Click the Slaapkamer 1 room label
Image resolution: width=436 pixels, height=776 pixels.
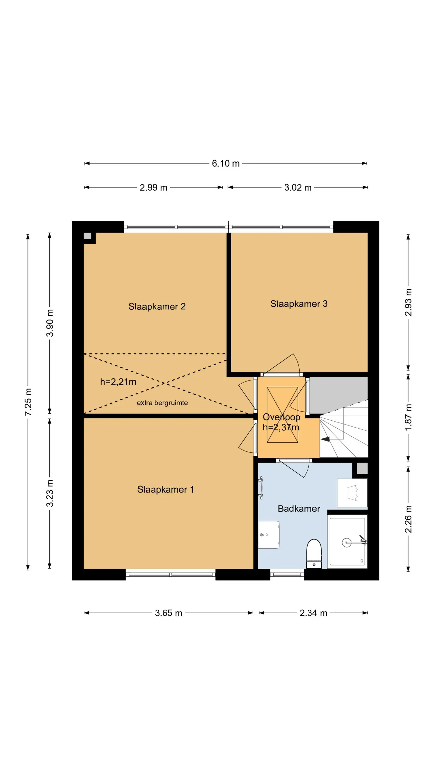click(166, 489)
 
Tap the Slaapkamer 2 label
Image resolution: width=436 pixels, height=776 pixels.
click(157, 306)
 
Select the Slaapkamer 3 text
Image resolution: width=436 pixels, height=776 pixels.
click(299, 304)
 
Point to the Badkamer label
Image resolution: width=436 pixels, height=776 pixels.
click(299, 509)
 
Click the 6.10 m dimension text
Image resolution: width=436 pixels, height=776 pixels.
click(226, 163)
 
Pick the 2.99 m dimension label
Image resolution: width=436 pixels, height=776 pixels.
click(153, 187)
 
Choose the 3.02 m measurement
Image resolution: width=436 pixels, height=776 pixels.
click(298, 187)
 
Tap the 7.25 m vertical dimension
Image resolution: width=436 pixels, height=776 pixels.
click(28, 402)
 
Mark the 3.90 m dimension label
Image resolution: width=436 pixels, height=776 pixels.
click(50, 323)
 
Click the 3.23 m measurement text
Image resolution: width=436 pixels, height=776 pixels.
click(50, 493)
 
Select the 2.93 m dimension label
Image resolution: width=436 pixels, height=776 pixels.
click(408, 302)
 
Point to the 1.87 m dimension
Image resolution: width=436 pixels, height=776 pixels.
click(408, 417)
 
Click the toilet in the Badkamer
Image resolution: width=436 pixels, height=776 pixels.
click(314, 554)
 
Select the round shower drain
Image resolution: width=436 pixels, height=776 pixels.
click(347, 542)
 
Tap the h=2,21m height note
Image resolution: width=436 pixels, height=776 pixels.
click(118, 382)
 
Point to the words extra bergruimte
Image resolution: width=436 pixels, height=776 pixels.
click(162, 403)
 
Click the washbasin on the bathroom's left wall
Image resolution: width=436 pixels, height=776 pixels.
click(269, 535)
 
